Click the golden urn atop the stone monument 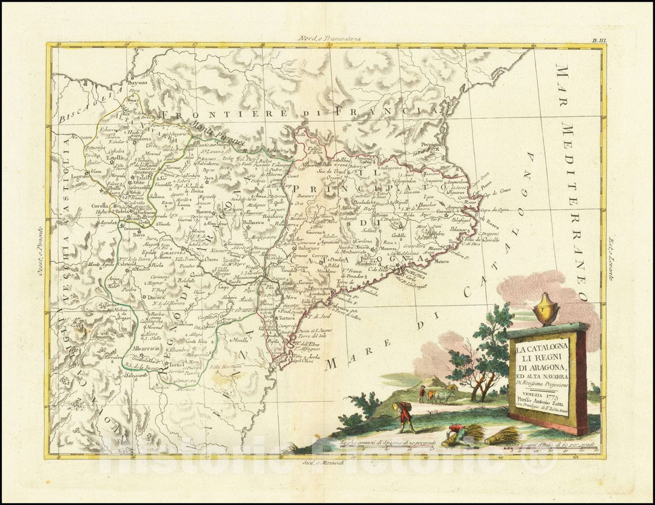click(545, 308)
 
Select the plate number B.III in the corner click(597, 39)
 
